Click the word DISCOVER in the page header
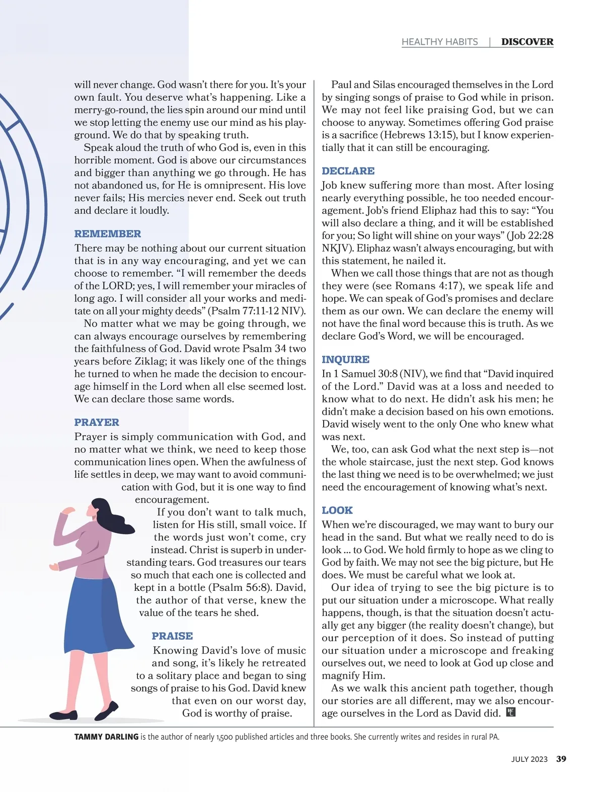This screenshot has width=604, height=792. coord(527,42)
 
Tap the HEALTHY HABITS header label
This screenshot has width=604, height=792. coord(439,42)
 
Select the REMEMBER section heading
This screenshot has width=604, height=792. coord(108,234)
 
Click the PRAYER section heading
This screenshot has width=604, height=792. coord(97,422)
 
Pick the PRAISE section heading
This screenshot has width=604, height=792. coord(172,636)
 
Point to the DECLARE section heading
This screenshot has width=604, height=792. coord(348,171)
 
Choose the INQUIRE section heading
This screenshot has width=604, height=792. coord(345,360)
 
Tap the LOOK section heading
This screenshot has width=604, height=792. coord(337,510)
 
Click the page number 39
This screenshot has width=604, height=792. coord(561,759)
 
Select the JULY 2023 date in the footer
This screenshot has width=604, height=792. coord(529,759)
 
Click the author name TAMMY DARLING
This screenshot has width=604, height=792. coord(106,737)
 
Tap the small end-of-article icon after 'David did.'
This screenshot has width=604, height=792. coord(510,713)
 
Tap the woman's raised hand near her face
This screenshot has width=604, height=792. coord(67,511)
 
